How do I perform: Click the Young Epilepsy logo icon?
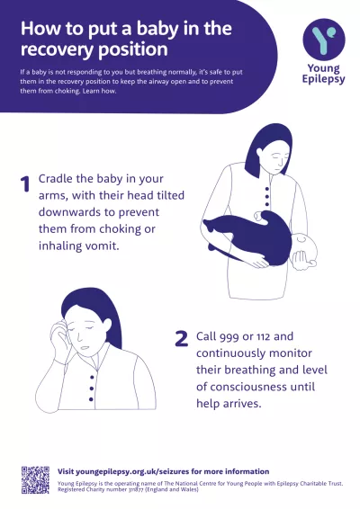click(323, 40)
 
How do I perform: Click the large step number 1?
click(24, 184)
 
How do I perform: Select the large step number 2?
click(181, 339)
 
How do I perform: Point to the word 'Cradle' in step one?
click(60, 179)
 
